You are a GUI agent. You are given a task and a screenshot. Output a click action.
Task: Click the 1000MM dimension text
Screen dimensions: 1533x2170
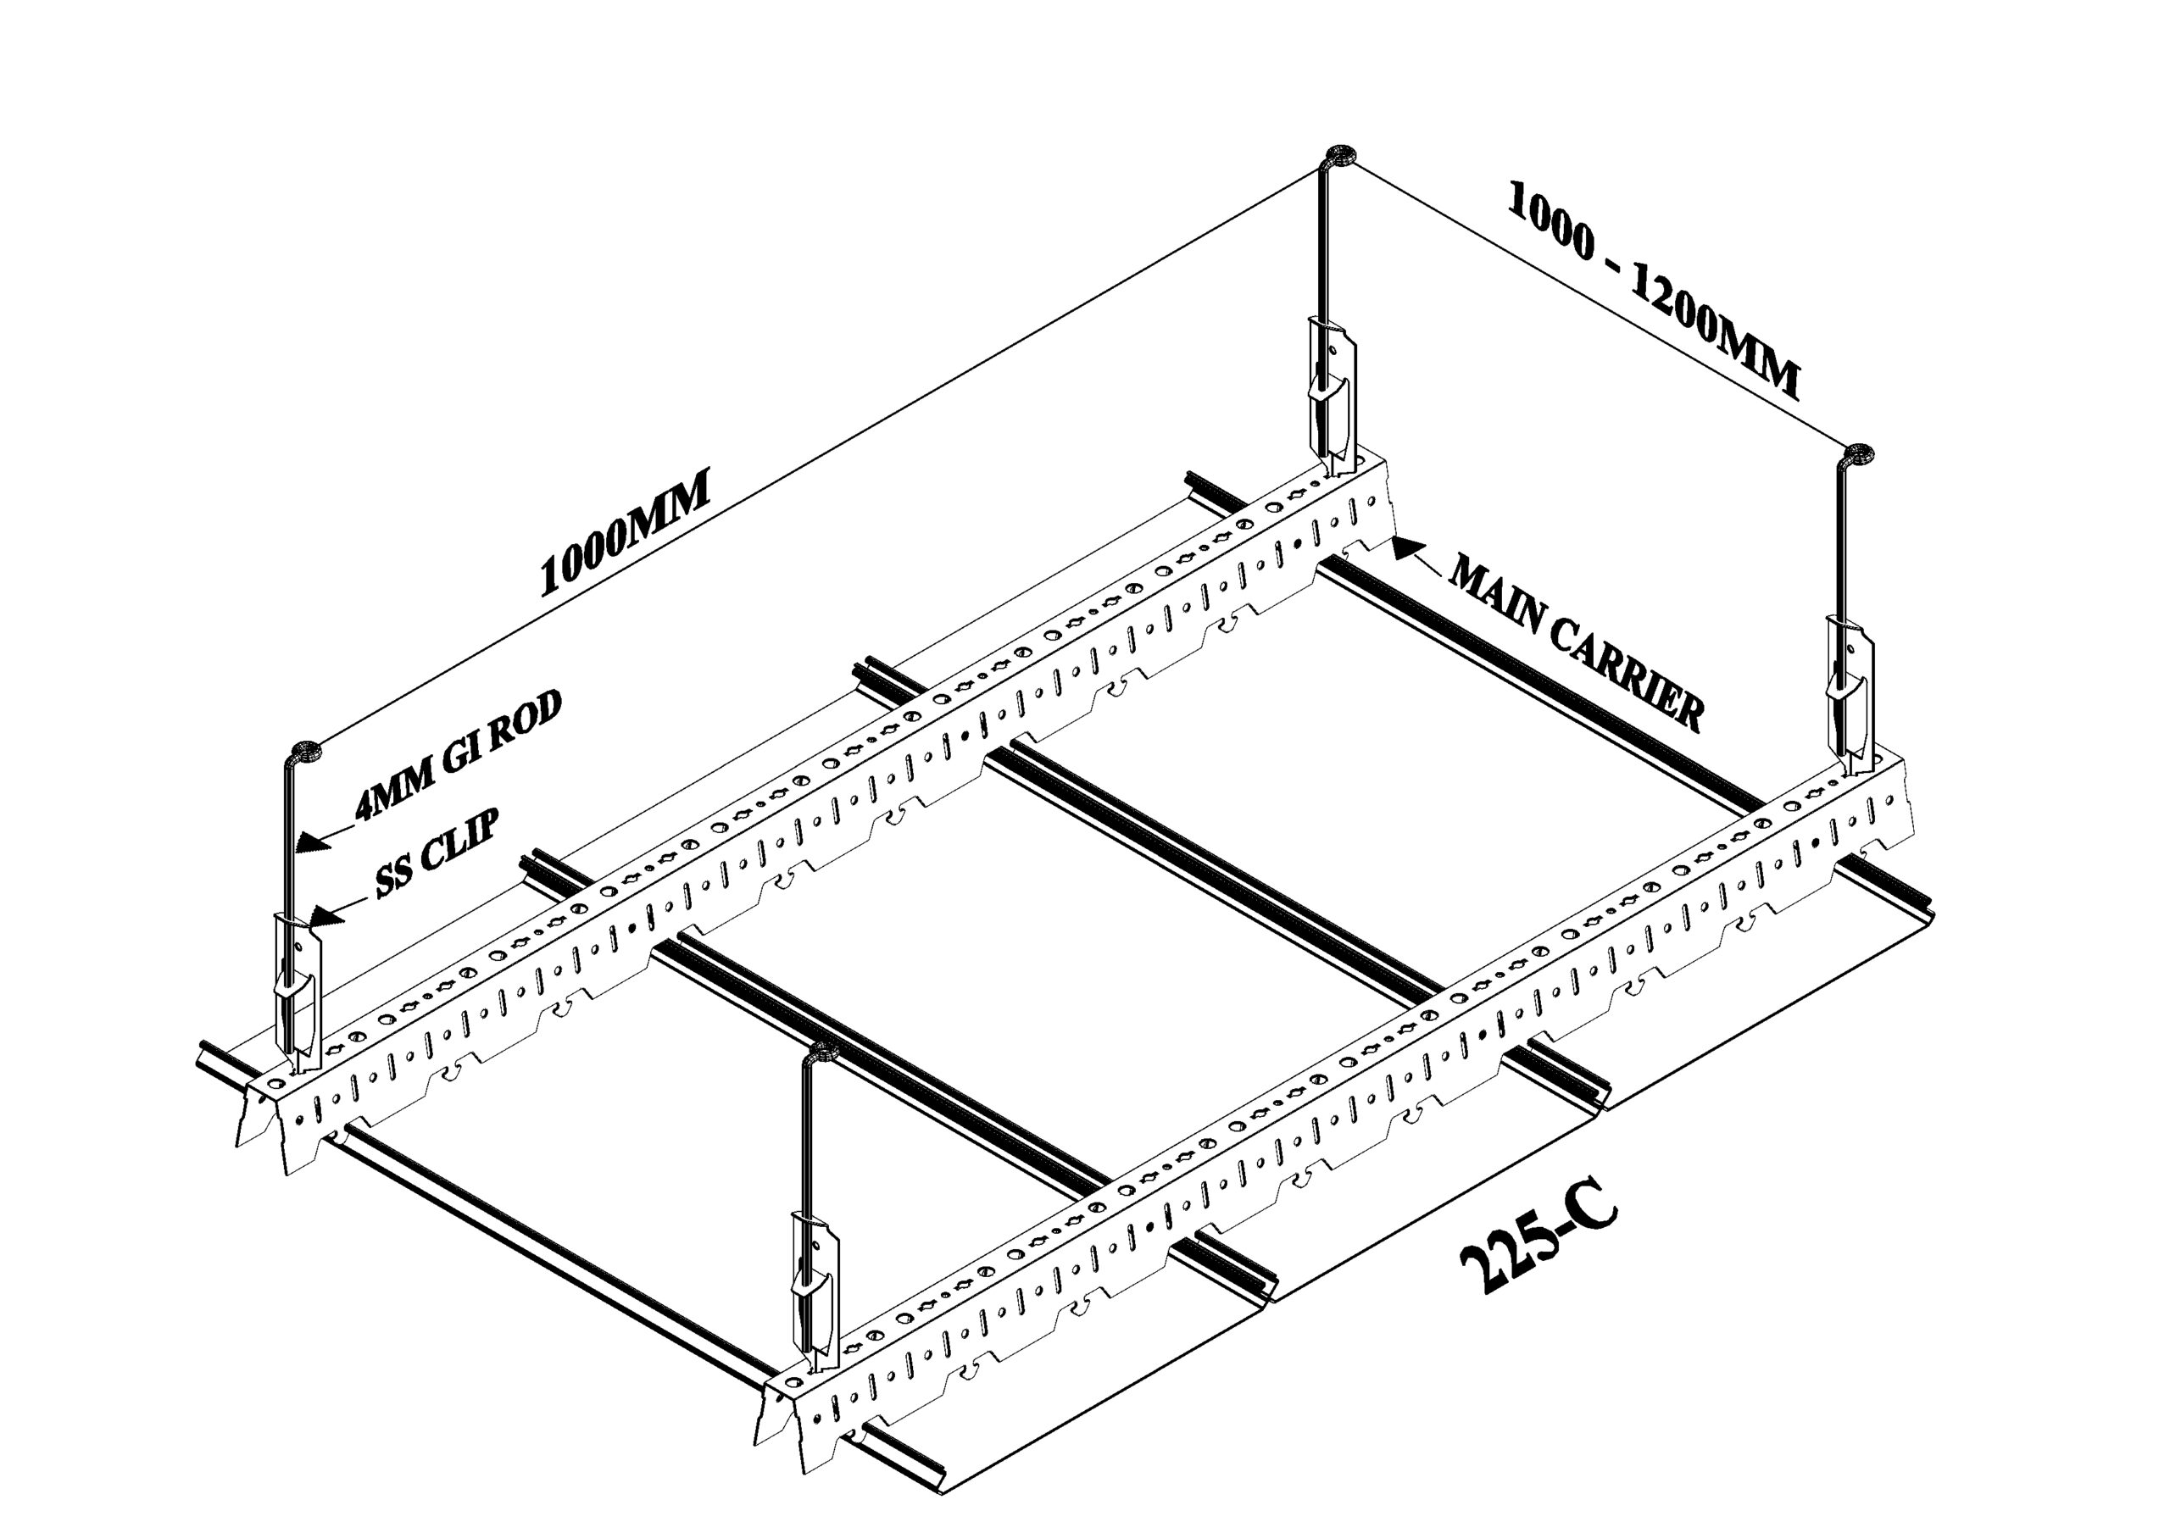pos(625,536)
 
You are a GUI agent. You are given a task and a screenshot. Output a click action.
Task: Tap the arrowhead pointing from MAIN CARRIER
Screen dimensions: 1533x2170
pos(1407,549)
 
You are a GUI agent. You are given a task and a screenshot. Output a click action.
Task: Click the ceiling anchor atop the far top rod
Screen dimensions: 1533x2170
pos(1341,156)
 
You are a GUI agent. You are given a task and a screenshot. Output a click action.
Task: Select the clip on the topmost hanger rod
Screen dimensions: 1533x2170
pos(1332,387)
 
